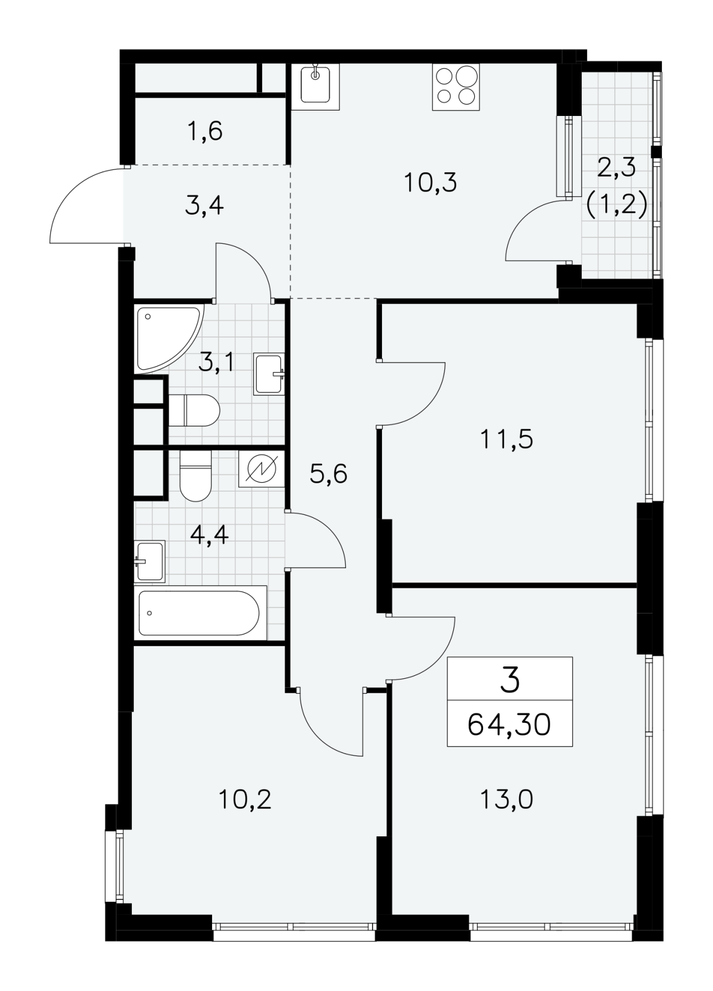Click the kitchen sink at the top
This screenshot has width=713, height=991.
tap(315, 86)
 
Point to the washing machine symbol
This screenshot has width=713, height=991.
tap(261, 469)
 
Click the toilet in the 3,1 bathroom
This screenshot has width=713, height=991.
tap(194, 410)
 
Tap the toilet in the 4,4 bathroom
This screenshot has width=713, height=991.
tap(195, 476)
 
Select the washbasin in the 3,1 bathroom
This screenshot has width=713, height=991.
tap(269, 374)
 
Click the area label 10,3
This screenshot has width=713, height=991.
tap(430, 183)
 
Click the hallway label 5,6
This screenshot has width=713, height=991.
tap(329, 475)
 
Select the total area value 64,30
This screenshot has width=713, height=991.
tap(509, 725)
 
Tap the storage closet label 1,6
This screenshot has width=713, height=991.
tap(204, 131)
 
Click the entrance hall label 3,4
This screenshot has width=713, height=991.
tap(204, 206)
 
